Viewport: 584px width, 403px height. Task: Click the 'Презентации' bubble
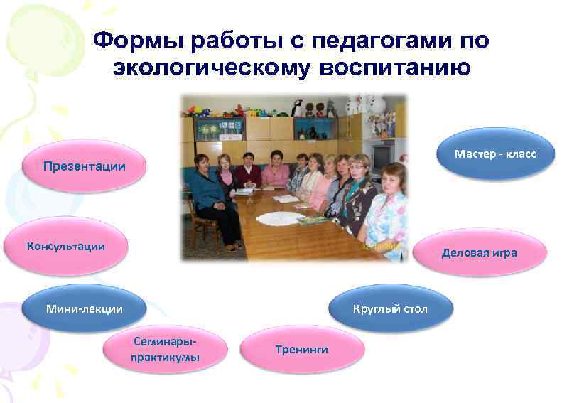[84, 166]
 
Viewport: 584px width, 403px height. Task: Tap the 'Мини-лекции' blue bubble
[84, 308]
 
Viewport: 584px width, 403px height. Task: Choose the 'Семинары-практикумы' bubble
[165, 348]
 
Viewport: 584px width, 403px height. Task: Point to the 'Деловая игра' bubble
[479, 252]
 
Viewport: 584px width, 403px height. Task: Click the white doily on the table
[279, 217]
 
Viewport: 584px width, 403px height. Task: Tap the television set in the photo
[381, 155]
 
